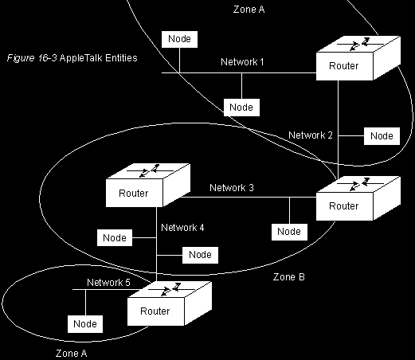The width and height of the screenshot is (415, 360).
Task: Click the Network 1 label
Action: pos(242,62)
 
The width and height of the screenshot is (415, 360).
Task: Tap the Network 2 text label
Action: pos(311,135)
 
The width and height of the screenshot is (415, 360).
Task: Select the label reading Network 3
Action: pos(232,188)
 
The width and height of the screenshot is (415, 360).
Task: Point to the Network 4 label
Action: pos(182,228)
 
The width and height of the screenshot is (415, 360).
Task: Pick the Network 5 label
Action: pos(108,283)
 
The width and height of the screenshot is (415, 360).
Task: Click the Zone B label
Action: pos(289,277)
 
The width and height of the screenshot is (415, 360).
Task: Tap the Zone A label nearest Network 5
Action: pos(71,354)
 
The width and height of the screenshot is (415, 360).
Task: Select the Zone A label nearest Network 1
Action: pos(249,10)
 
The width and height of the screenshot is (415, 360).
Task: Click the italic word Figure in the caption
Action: pos(21,58)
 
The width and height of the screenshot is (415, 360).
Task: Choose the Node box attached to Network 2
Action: pos(382,136)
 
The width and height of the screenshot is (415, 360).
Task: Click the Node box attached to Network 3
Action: pos(289,232)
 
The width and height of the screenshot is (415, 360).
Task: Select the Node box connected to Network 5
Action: pos(85,324)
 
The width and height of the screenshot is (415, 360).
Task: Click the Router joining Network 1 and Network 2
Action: pos(358,58)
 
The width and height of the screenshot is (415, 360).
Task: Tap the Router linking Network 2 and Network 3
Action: pos(358,198)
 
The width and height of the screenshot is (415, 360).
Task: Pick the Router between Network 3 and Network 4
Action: pos(148,186)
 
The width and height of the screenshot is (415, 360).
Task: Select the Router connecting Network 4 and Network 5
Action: pos(170,303)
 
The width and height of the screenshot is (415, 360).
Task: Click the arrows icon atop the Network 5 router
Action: pos(171,289)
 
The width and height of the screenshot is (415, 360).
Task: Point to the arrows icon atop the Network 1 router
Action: pos(360,44)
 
